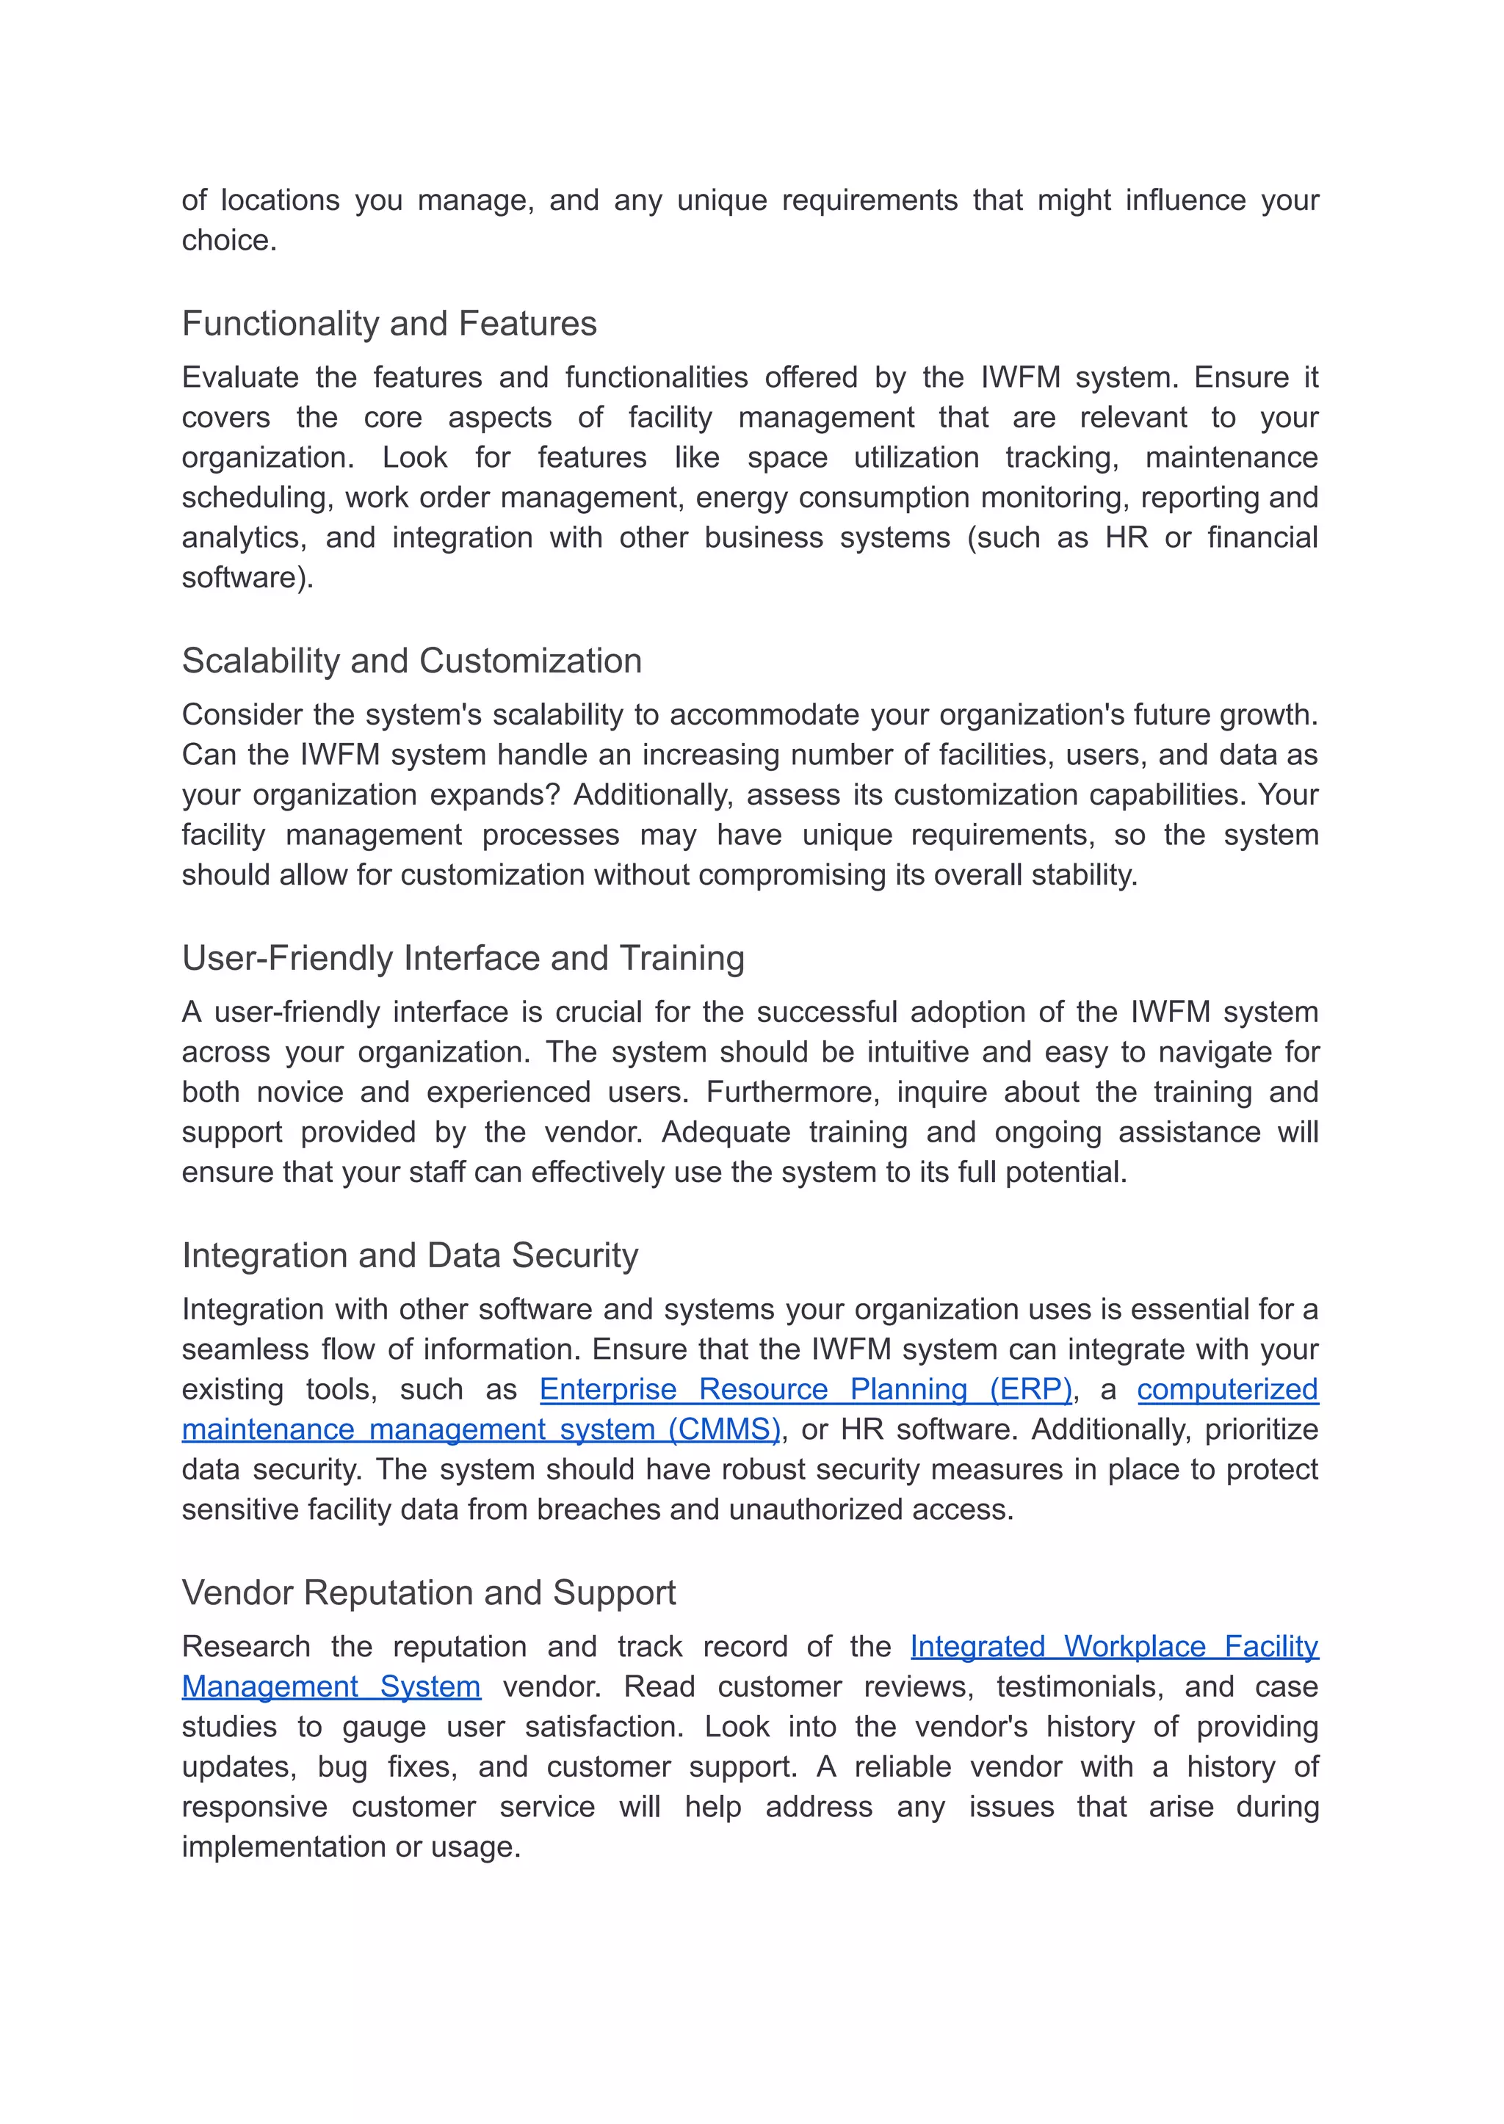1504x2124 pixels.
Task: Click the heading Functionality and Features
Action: click(x=389, y=324)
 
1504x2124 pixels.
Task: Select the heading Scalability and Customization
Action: click(x=411, y=661)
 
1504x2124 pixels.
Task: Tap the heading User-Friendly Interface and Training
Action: click(x=463, y=958)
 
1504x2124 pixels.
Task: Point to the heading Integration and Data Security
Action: click(x=409, y=1255)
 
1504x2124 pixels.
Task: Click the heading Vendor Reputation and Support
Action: click(x=428, y=1592)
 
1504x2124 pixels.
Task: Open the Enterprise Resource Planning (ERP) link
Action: click(x=806, y=1390)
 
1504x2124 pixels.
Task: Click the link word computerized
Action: click(x=1227, y=1390)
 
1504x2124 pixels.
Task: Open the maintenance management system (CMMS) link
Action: click(x=481, y=1429)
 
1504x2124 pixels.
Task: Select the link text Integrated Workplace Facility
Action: click(x=1114, y=1648)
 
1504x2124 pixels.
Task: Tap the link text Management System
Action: click(x=330, y=1687)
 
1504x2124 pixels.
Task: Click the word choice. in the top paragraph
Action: click(x=228, y=241)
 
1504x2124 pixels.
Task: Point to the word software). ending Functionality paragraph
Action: click(x=247, y=578)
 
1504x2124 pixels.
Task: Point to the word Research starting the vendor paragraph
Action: click(x=245, y=1648)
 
